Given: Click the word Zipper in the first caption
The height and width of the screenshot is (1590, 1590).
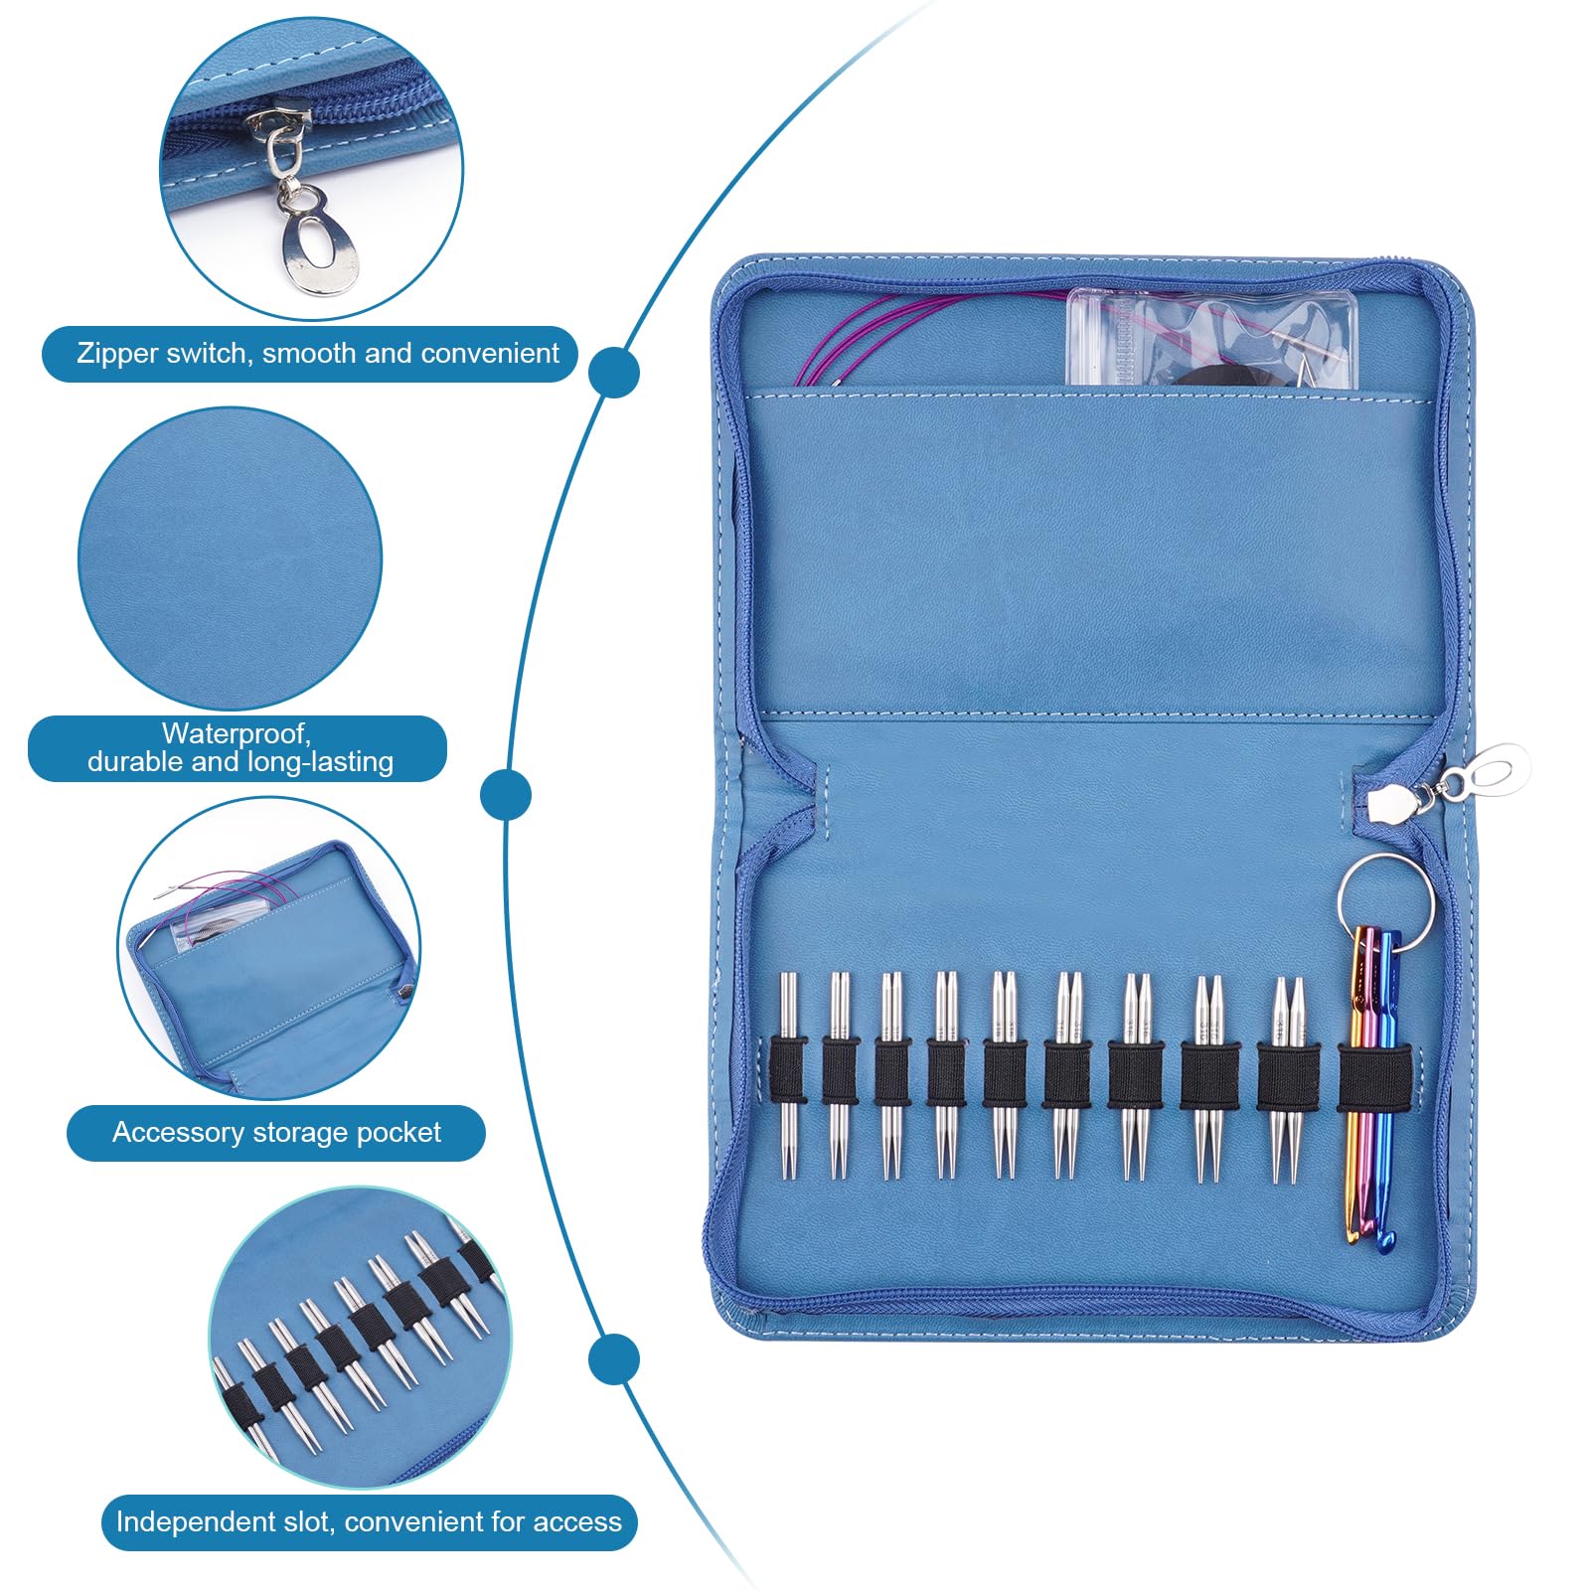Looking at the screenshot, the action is [116, 354].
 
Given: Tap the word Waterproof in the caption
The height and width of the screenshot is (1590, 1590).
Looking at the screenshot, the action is [237, 734].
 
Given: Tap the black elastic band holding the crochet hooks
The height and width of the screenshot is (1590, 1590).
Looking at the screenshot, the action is [1374, 1079].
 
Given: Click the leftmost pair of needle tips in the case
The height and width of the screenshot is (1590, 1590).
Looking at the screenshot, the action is [788, 1075].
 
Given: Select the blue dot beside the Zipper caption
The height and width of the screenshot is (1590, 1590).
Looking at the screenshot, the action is [613, 374].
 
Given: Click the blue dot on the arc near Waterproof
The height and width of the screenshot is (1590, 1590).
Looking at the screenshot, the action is [506, 795].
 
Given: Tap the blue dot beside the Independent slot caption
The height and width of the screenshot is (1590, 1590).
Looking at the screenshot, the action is [613, 1358].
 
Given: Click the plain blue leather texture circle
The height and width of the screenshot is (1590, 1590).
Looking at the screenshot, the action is [231, 558].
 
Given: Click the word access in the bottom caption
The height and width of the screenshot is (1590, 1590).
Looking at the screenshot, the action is [578, 1522].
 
